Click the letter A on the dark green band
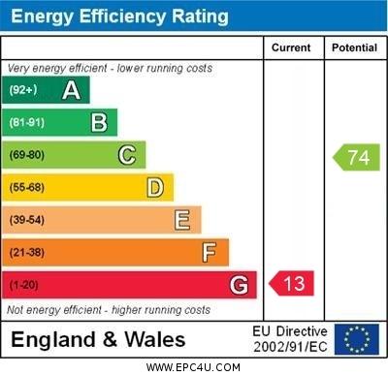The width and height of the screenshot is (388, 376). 71,90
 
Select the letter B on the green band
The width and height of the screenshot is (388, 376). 99,122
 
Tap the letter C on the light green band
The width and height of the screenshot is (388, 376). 127,155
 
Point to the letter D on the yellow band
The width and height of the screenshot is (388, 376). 155,188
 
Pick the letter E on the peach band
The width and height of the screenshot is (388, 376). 182,220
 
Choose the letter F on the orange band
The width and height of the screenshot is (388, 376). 210,252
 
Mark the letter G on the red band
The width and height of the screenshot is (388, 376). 239,285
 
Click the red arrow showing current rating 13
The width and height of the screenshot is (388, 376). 291,283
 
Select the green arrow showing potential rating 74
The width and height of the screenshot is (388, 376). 356,157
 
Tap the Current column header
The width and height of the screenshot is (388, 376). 291,47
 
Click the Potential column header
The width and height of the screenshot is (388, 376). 354,47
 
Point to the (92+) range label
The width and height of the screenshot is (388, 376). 23,89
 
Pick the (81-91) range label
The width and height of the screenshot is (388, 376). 27,122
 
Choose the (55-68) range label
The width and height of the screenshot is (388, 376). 27,187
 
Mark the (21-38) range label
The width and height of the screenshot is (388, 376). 27,252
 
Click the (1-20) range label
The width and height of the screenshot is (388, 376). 23,285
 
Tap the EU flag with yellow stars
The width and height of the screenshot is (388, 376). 357,339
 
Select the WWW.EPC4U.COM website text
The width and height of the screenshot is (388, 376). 193,367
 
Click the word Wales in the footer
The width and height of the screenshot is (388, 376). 155,340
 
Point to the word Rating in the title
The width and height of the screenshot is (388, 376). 200,16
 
